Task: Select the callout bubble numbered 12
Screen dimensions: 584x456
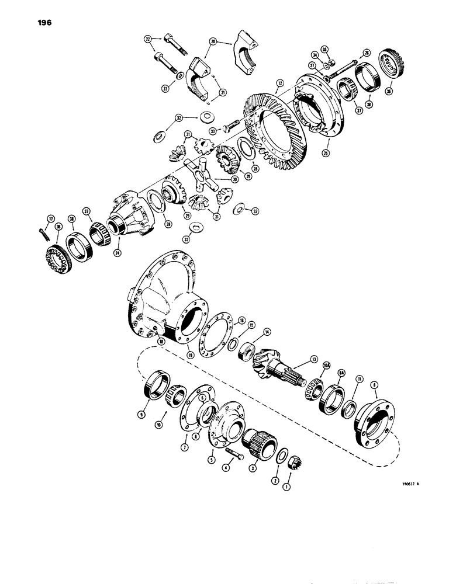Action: tap(281, 84)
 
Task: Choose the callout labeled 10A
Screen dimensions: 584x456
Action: tap(326, 366)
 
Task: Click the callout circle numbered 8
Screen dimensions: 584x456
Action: tap(374, 385)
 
